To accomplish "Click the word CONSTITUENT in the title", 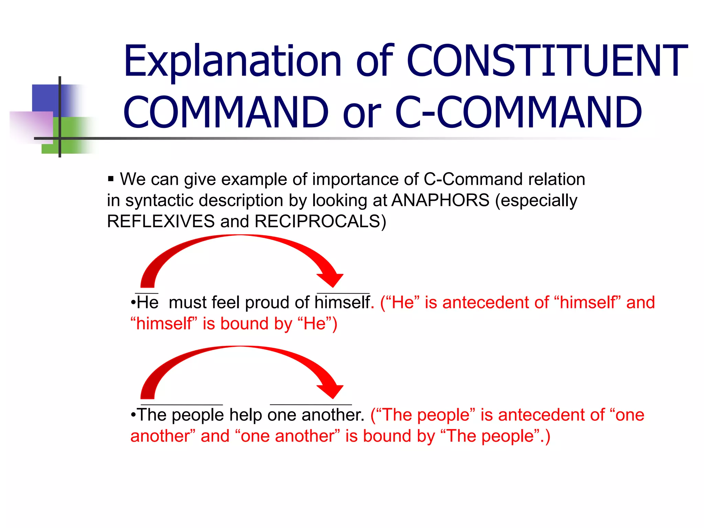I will point(547,60).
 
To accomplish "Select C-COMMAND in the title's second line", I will point(518,112).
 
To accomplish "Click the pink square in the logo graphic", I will point(31,126).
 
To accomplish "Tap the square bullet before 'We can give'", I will point(111,179).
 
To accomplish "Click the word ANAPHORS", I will point(440,200).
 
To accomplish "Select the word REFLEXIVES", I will point(161,221).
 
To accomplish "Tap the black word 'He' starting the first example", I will point(147,302).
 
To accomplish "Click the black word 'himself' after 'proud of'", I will point(342,302).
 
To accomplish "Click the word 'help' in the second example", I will point(245,415).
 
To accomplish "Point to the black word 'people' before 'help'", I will point(198,415).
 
